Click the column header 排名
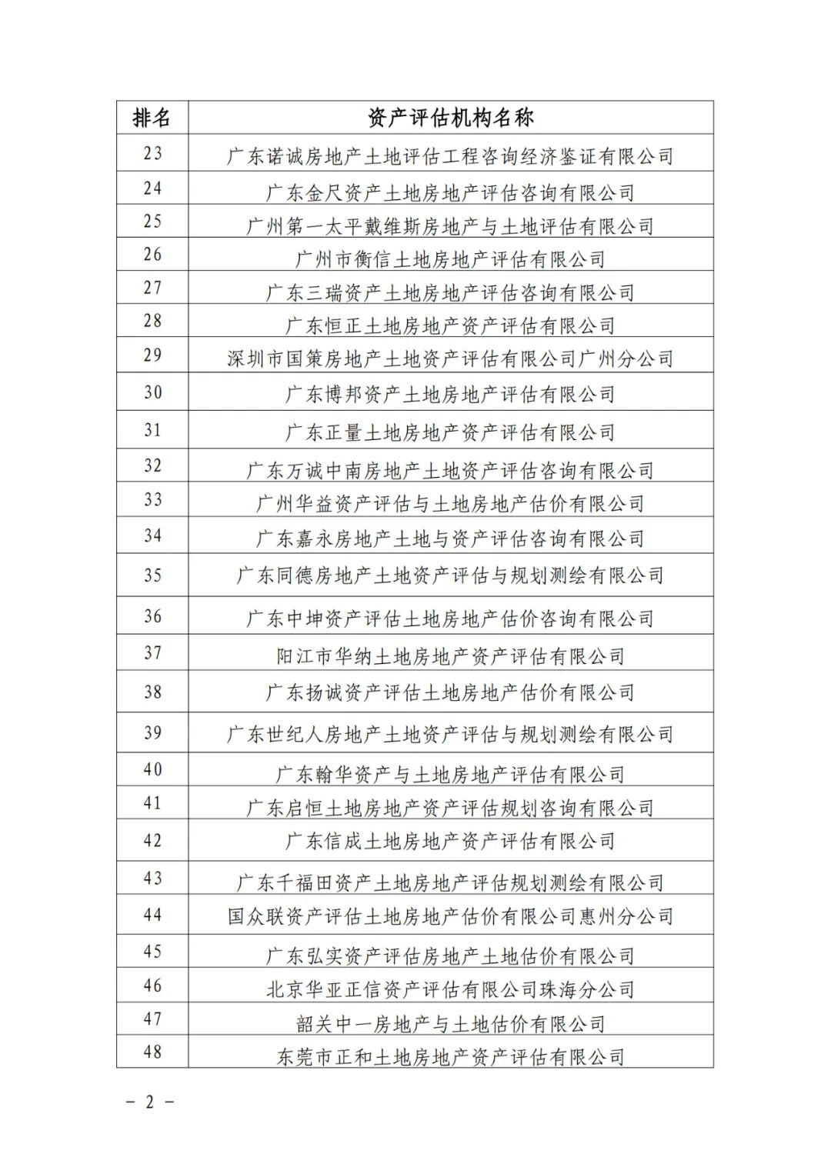click(152, 118)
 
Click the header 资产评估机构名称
click(450, 118)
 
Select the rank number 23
click(152, 153)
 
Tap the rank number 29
click(152, 355)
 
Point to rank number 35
click(152, 575)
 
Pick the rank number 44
click(152, 915)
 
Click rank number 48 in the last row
click(152, 1052)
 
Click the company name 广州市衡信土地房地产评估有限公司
click(450, 259)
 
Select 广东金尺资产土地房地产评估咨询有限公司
click(450, 192)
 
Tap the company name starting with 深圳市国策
click(450, 359)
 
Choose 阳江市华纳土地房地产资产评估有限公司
click(450, 656)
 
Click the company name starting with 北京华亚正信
click(450, 989)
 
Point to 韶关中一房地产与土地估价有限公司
click(450, 1024)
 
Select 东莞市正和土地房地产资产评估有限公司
click(450, 1057)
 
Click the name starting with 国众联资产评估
click(450, 916)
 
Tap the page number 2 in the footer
click(150, 1102)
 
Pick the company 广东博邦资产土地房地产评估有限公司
click(450, 395)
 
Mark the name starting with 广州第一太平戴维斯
click(450, 226)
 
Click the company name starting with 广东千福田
click(450, 882)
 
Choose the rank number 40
click(152, 769)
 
